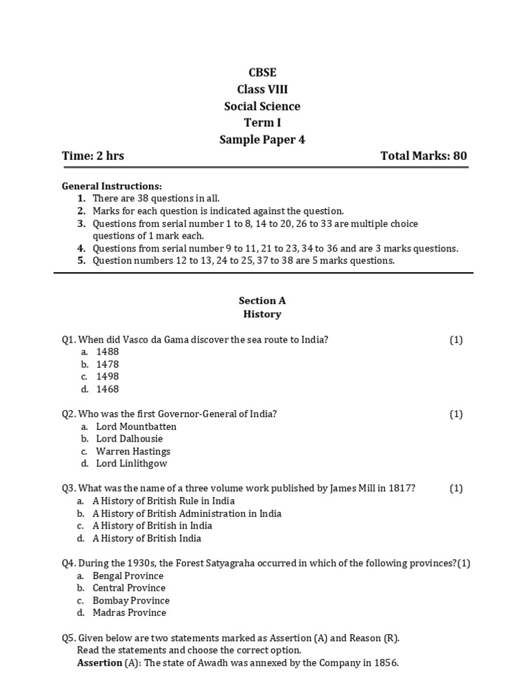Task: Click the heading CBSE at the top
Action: [262, 72]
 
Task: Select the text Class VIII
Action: [262, 90]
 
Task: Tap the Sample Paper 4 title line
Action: [262, 139]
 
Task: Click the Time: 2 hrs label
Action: [93, 156]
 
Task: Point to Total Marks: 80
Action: [424, 156]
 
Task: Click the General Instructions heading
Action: [112, 186]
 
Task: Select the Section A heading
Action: [262, 300]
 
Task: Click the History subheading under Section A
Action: [262, 314]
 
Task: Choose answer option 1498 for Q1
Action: [107, 377]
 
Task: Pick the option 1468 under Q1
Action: [107, 389]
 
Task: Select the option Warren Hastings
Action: [133, 451]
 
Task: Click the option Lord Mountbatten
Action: [136, 427]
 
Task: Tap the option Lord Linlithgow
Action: [131, 463]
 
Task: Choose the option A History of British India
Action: [147, 538]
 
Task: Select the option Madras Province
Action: [129, 612]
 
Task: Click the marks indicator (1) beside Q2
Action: [456, 414]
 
